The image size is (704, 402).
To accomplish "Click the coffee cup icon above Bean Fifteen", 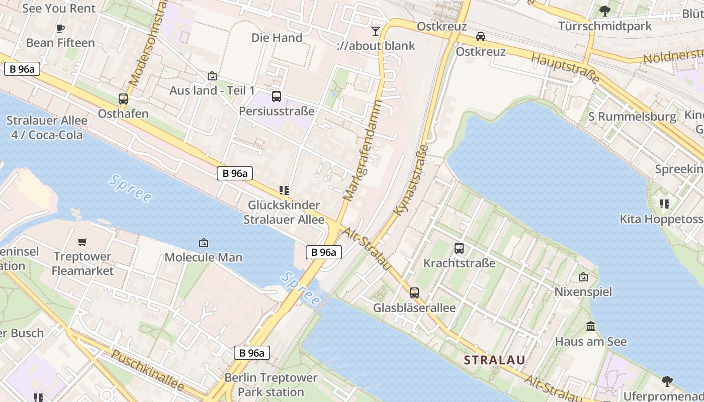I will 60,28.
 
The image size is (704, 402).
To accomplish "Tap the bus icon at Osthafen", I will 123,99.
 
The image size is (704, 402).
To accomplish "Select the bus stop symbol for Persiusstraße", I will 277,96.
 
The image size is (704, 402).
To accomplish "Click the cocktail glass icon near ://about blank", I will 375,31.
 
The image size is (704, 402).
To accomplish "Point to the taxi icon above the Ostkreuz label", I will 481,37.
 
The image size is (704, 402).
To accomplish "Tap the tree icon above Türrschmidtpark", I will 605,11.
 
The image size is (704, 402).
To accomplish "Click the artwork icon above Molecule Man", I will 204,243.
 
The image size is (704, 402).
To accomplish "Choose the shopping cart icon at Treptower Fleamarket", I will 82,242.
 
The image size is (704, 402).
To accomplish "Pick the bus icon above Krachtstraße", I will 459,248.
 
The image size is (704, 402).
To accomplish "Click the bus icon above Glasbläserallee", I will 414,292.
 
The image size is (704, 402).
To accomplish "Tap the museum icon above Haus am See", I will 591,327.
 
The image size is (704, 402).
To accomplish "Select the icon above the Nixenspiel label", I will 583,277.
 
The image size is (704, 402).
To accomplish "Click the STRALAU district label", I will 494,360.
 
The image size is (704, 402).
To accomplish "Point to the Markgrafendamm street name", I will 363,150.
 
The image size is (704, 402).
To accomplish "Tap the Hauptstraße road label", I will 566,68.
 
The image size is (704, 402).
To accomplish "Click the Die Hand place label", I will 277,38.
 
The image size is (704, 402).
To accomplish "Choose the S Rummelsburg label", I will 633,117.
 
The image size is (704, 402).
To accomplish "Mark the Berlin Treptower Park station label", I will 271,384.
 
